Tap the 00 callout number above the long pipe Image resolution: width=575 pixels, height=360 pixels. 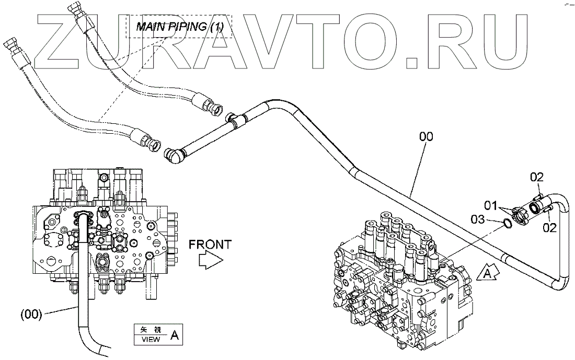(x=426, y=137)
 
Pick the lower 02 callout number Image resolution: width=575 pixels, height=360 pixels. (x=548, y=227)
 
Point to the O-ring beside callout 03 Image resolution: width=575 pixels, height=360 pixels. (x=506, y=224)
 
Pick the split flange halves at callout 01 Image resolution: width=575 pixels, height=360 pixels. (x=520, y=214)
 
